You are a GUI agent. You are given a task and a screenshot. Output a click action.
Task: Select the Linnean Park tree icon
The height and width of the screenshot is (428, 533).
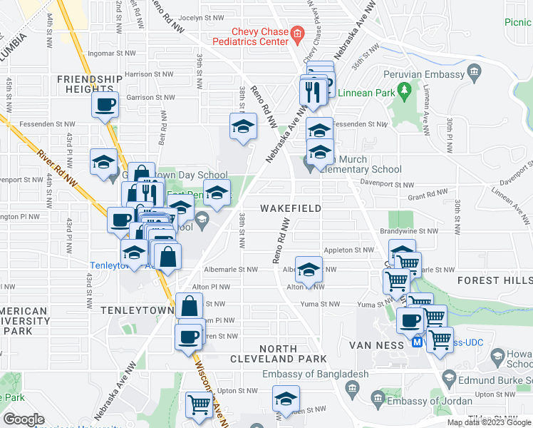tap(404, 90)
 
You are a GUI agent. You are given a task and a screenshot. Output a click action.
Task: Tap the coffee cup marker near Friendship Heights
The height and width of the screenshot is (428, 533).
tap(105, 106)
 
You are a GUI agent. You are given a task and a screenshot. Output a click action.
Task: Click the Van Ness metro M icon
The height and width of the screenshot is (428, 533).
tap(419, 342)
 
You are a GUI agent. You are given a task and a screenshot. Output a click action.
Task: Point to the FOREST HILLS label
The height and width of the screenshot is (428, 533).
tap(495, 280)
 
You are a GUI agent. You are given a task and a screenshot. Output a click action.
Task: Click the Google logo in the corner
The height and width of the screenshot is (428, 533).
tap(23, 419)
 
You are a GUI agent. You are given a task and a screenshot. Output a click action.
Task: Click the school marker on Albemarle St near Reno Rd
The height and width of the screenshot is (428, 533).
tap(309, 270)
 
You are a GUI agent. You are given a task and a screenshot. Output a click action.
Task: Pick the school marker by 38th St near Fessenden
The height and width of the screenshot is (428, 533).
tap(243, 127)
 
